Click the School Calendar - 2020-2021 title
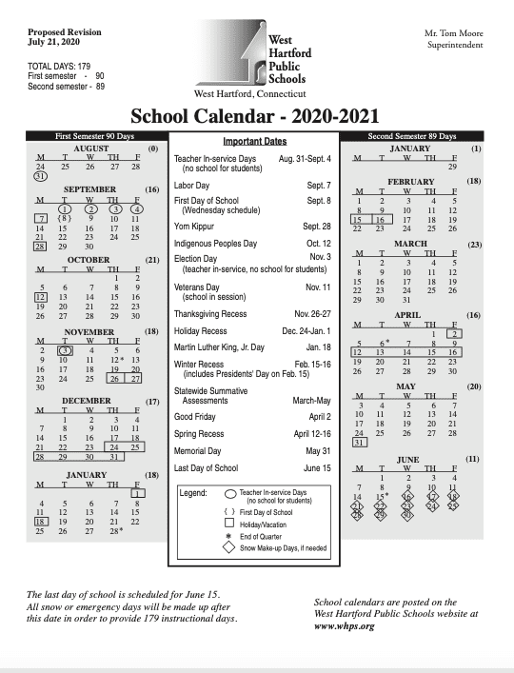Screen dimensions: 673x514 [x=258, y=117]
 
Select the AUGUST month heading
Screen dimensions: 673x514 [x=90, y=149]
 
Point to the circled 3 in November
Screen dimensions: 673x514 [x=65, y=349]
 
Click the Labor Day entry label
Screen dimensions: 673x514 [x=192, y=185]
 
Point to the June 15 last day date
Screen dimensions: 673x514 [x=316, y=467]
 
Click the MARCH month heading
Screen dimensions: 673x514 [x=410, y=244]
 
